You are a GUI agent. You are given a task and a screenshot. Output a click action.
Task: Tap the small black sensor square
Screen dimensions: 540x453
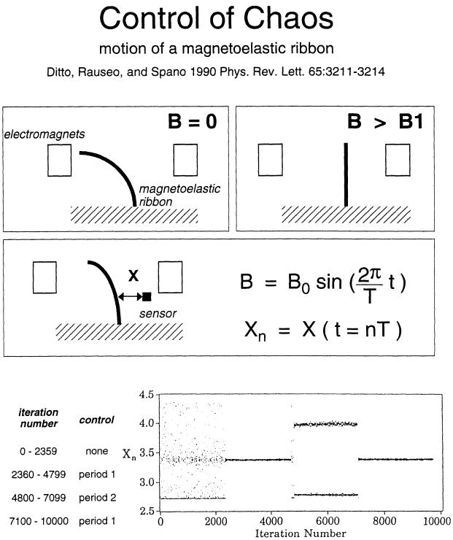pyautogui.click(x=147, y=296)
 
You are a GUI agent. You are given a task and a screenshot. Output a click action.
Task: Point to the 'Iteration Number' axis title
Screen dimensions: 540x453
pyautogui.click(x=298, y=533)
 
